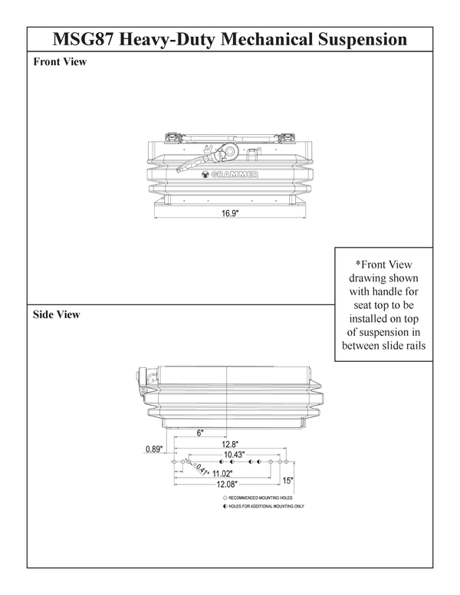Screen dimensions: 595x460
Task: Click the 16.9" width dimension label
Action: (x=231, y=214)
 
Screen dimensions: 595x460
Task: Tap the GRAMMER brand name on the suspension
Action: (x=236, y=175)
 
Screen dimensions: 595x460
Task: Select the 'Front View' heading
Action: (x=60, y=62)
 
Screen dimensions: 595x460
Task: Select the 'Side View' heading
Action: (x=57, y=314)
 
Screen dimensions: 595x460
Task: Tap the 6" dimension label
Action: (x=200, y=433)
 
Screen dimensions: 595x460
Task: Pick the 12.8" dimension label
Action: (x=231, y=444)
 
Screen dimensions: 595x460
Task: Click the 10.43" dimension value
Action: (x=235, y=455)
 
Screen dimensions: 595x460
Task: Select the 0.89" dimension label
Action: (x=155, y=449)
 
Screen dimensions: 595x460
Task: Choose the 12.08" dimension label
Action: (x=225, y=484)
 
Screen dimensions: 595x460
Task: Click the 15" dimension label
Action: (x=287, y=481)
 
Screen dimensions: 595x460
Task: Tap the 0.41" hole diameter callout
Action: (x=199, y=471)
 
